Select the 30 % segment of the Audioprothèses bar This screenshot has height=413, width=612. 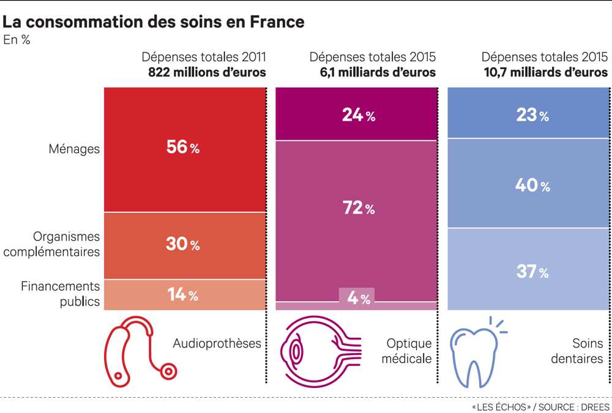tap(183, 244)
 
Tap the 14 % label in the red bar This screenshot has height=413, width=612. tap(183, 295)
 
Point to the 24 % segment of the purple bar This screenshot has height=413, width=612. tap(358, 115)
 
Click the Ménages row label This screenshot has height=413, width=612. tap(73, 149)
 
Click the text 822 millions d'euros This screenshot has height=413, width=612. tap(207, 72)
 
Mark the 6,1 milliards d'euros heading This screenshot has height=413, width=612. tap(373, 72)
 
